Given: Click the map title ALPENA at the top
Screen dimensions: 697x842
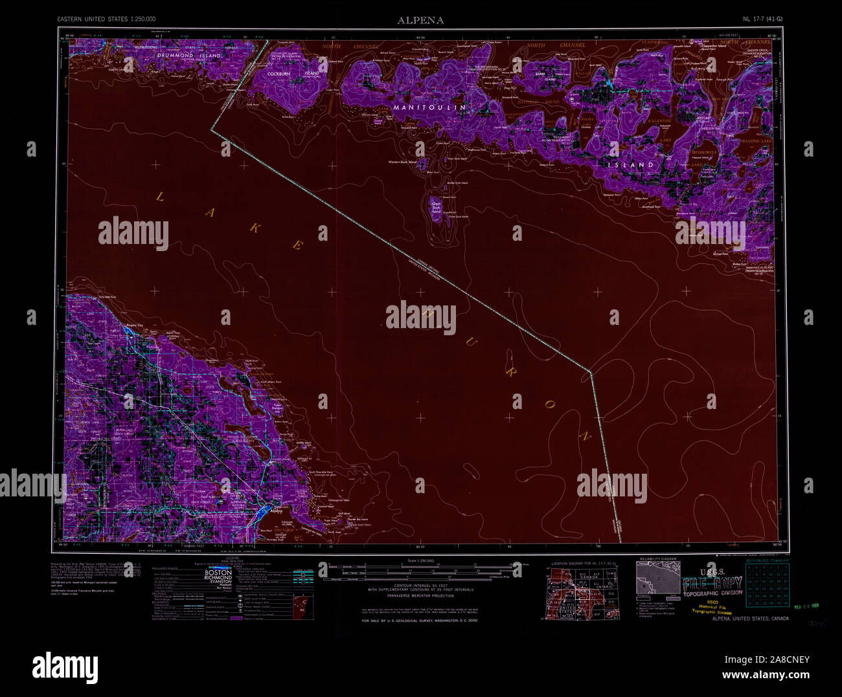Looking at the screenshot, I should tap(420, 20).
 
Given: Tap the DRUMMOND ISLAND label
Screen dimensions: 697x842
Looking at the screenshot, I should tap(188, 56).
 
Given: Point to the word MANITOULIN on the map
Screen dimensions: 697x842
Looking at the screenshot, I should tap(429, 106).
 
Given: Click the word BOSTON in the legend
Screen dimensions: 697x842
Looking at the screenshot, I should tap(218, 573).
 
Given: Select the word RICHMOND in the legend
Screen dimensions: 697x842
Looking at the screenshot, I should tap(218, 577).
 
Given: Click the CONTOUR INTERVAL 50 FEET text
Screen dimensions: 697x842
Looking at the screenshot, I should tap(420, 584).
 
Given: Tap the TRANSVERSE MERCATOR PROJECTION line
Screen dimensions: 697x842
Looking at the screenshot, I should tap(420, 595).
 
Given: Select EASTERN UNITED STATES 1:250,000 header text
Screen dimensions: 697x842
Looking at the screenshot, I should tap(106, 19).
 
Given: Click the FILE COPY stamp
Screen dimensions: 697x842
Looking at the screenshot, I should tap(712, 583).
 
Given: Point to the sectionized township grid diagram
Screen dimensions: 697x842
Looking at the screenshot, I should tap(768, 584).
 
